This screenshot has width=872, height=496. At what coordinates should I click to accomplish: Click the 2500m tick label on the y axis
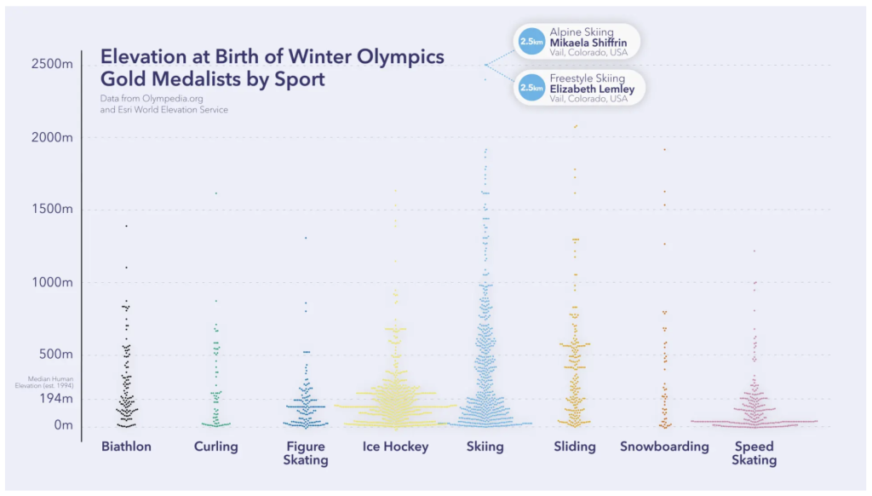pos(51,65)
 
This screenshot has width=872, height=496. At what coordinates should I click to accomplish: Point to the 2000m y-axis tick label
pos(51,137)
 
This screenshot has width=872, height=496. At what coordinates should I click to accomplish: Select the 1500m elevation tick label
pos(51,210)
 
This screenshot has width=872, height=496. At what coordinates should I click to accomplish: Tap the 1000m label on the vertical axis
pos(51,282)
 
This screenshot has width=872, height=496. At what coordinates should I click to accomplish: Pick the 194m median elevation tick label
pos(54,398)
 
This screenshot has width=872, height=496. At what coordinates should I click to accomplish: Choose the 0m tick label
pos(63,424)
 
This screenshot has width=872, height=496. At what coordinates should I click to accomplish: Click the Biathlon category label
pos(126,447)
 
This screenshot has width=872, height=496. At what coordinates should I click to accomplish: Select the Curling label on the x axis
pos(216,447)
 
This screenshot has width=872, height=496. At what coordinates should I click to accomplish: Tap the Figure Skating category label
pos(306,453)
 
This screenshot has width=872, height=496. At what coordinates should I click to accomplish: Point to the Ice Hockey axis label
pos(395,447)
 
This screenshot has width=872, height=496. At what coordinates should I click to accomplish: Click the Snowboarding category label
pos(664,447)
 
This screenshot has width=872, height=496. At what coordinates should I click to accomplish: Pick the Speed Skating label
pos(754,453)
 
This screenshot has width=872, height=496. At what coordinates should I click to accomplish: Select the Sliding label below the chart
pos(575,447)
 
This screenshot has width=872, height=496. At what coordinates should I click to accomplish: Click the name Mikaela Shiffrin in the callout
pos(588,43)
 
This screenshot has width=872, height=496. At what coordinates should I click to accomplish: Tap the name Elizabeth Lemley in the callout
pos(592,89)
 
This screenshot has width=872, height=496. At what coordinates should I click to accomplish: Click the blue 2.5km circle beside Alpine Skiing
pos(531,41)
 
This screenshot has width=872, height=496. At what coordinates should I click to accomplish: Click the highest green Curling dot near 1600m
pos(216,193)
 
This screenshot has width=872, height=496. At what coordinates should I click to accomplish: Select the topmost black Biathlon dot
pos(126,226)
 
